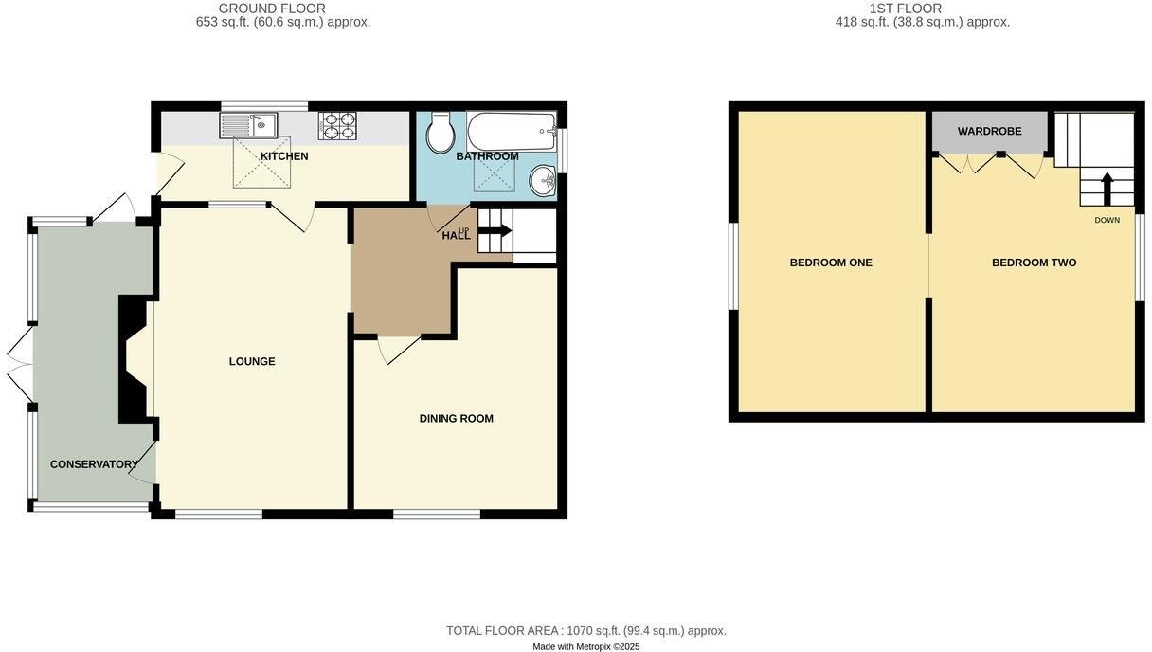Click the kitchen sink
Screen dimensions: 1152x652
coord(249,125)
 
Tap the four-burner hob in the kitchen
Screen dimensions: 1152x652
coord(338,125)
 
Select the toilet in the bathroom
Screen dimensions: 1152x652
coord(441,133)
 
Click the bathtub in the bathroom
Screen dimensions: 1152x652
coord(512,131)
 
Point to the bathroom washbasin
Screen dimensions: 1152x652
coord(543,181)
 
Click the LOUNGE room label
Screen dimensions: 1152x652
coord(252,361)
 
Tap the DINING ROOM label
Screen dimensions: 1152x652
coord(457,418)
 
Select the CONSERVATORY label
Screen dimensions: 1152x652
coord(94,464)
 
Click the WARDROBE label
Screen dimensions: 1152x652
coord(989,131)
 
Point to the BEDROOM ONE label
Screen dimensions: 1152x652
coord(831,263)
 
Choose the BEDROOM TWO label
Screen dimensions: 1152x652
coord(1035,263)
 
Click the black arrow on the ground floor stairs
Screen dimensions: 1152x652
coord(495,230)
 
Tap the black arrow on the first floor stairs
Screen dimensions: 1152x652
coord(1107,189)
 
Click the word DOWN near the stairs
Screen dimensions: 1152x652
coord(1107,220)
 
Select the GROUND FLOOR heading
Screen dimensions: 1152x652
coord(272,9)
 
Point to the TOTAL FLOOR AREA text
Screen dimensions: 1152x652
coord(586,630)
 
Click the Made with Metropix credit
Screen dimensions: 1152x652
coord(586,647)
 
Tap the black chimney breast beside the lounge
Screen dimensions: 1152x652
coord(135,359)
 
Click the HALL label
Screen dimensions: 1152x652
coord(457,236)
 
